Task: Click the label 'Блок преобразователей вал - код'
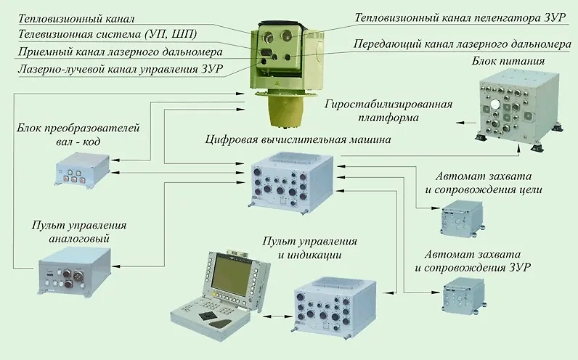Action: [77, 136]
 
